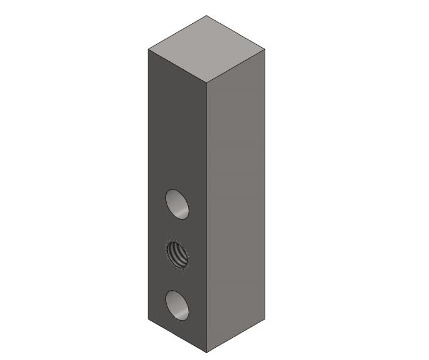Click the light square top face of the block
click(x=207, y=48)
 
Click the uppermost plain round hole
click(x=177, y=204)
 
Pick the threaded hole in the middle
click(x=177, y=255)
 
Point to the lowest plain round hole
click(x=177, y=305)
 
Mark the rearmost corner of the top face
click(x=207, y=16)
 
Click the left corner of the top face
click(x=148, y=48)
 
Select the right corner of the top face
click(x=265, y=48)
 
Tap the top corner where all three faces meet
click(x=207, y=82)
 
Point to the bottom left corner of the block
click(x=148, y=319)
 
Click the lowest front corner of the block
click(x=207, y=353)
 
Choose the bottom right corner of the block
click(x=265, y=319)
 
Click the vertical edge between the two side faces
click(x=207, y=215)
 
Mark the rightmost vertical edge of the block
click(x=265, y=184)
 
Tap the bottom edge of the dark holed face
click(x=177, y=336)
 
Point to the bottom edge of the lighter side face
click(x=236, y=336)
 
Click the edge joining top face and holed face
click(x=177, y=65)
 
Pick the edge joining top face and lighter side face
click(x=236, y=65)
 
